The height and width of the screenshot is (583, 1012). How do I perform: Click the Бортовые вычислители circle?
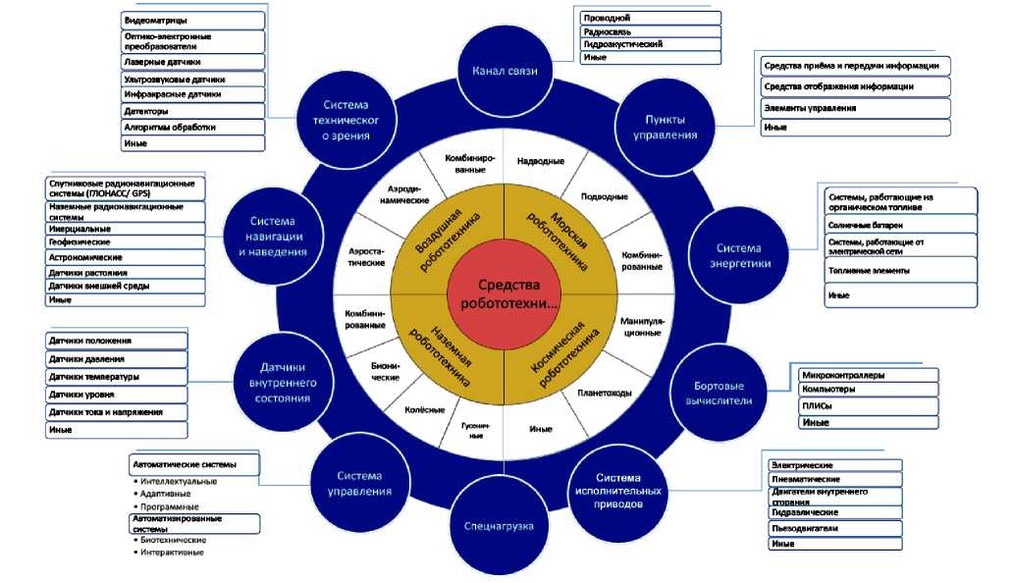(717, 393)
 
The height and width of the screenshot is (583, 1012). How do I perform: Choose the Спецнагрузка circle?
(498, 527)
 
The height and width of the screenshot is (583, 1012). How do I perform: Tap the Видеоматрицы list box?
(193, 20)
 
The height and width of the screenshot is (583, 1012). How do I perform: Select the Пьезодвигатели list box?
(832, 528)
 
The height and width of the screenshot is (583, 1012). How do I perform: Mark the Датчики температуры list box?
(115, 377)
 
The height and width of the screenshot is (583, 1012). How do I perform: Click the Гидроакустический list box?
(649, 45)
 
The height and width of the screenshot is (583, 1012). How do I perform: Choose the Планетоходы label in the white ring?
(605, 393)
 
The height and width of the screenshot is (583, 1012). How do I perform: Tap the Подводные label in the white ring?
(605, 196)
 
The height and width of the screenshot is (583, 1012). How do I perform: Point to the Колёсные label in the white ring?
(425, 409)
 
